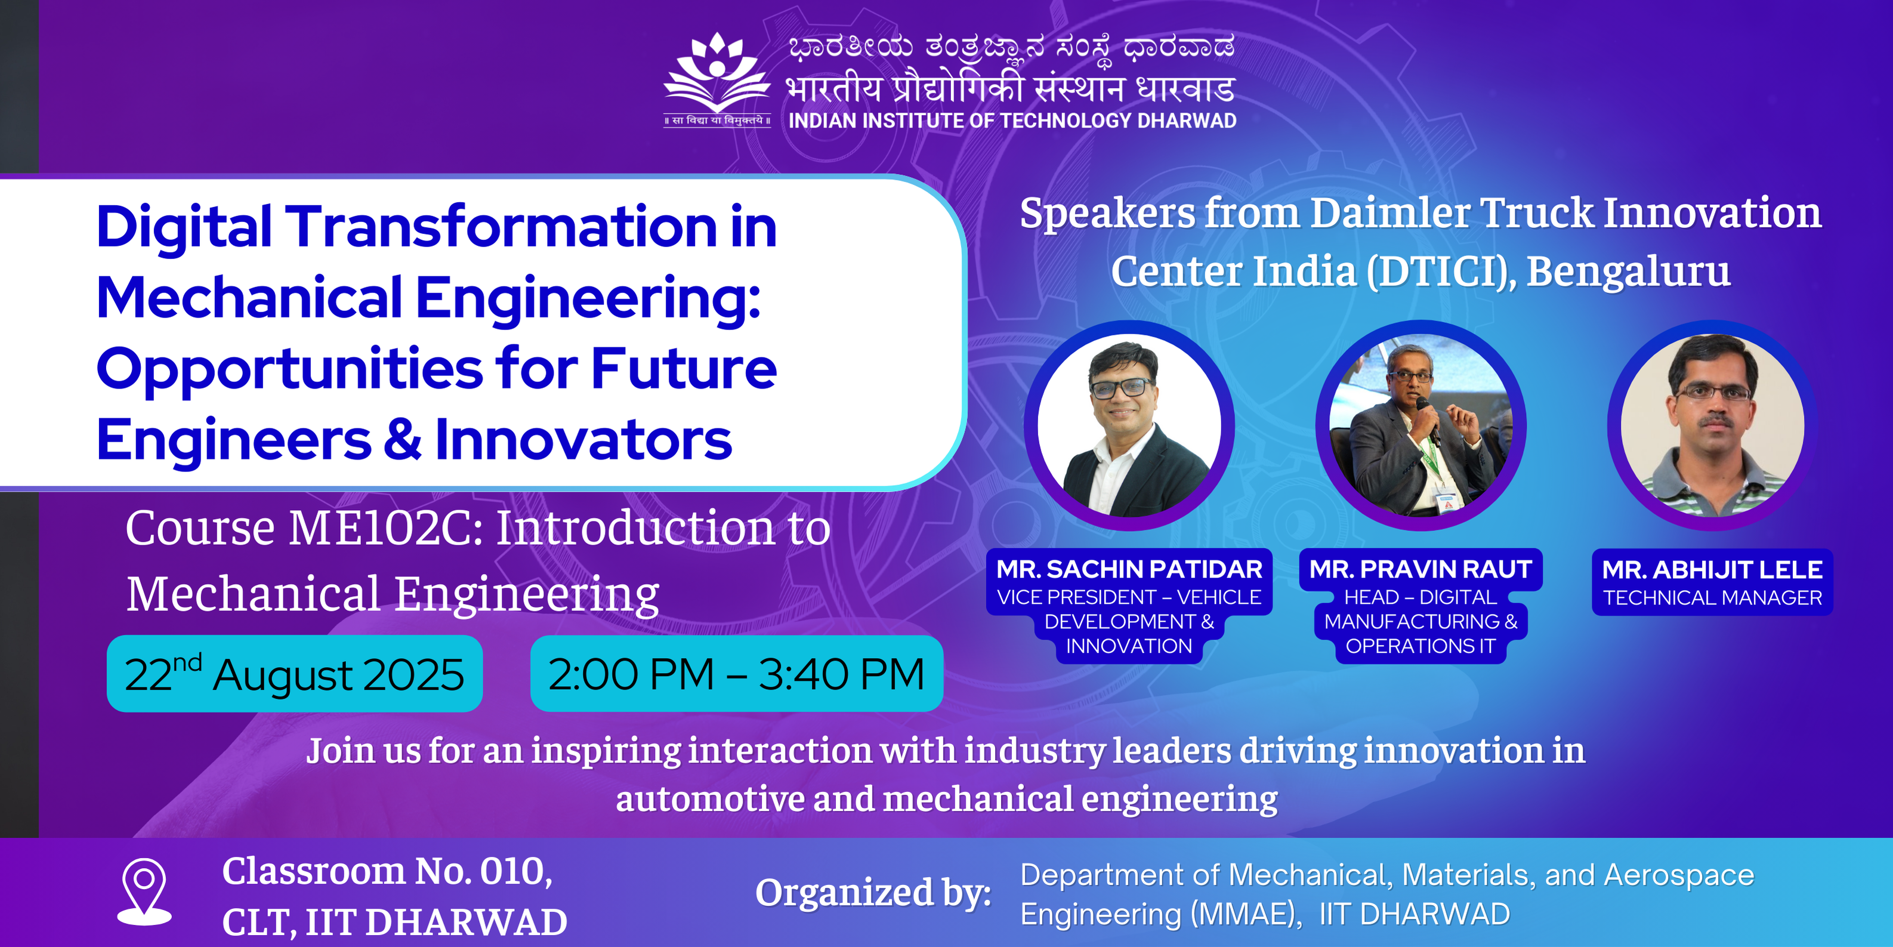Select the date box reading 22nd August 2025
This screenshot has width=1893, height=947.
click(295, 674)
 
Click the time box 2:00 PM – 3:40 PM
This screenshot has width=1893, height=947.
click(736, 674)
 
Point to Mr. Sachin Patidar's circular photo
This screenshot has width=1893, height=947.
click(1129, 425)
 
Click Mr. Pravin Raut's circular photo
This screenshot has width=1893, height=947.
click(1420, 425)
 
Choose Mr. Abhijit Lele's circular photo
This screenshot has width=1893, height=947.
click(1712, 425)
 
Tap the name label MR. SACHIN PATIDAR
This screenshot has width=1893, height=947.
click(1129, 569)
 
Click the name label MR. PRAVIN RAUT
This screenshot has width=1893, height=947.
click(1420, 569)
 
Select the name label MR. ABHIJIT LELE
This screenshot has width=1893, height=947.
click(1712, 570)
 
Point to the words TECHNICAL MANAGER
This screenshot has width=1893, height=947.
click(1712, 598)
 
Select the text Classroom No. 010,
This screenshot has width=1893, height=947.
click(387, 872)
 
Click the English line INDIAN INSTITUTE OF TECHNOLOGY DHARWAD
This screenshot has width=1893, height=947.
click(1012, 121)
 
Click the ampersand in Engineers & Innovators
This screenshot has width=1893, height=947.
click(403, 440)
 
